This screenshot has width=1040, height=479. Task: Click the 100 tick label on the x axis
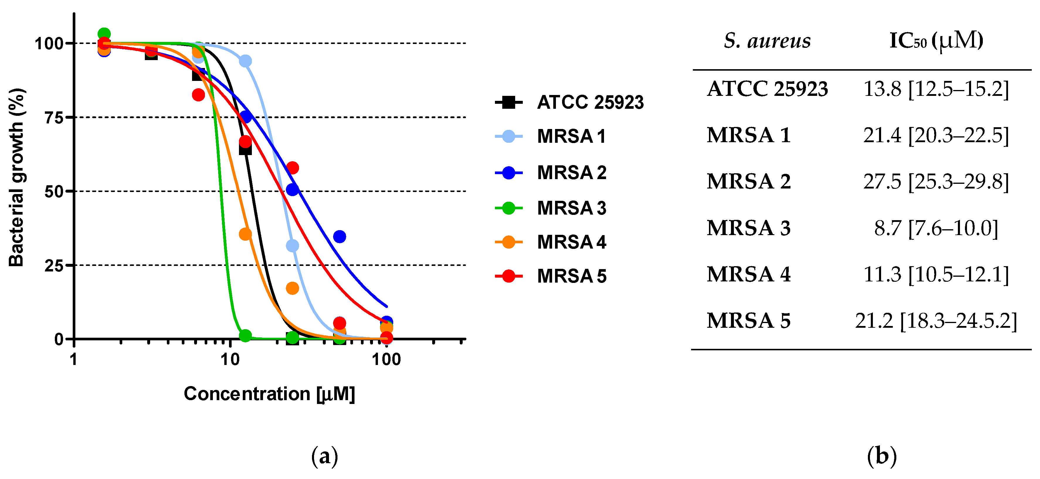coord(386,359)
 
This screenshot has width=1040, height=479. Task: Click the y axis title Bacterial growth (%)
coord(17,178)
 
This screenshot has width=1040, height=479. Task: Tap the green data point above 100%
coord(104,34)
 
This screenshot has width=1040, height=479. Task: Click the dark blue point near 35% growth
coord(340,237)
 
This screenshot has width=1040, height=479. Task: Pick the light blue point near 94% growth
coord(245,61)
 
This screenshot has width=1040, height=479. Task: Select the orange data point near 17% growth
coord(292,288)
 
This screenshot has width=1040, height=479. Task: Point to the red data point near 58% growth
coord(292,167)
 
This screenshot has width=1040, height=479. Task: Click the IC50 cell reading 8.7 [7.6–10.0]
coord(936,228)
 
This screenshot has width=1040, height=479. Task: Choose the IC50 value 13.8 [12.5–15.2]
coord(936,89)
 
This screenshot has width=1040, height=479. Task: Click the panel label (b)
coord(881,456)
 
